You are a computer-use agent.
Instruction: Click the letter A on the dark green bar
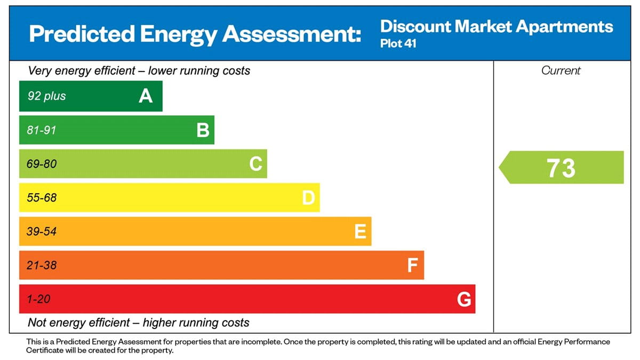point(146,96)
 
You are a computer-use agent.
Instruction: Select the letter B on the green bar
point(203,130)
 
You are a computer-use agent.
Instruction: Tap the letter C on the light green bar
point(255,164)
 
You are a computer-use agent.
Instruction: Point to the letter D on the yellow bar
point(308,198)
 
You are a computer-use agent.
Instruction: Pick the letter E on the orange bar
point(360,231)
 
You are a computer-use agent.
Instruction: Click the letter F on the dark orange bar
point(412,265)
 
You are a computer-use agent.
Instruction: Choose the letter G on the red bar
point(464,299)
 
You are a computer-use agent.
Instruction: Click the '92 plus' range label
point(47,96)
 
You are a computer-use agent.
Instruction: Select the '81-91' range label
point(42,130)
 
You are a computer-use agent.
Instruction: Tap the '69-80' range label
point(42,164)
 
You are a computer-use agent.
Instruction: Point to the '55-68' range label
point(42,198)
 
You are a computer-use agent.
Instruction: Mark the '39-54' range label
point(42,231)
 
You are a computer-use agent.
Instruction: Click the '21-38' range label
point(42,265)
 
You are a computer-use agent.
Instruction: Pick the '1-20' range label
point(38,299)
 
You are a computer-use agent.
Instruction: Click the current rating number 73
point(561,167)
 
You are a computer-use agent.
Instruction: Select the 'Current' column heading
point(561,70)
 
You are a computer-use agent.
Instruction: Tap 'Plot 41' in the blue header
point(398,43)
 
